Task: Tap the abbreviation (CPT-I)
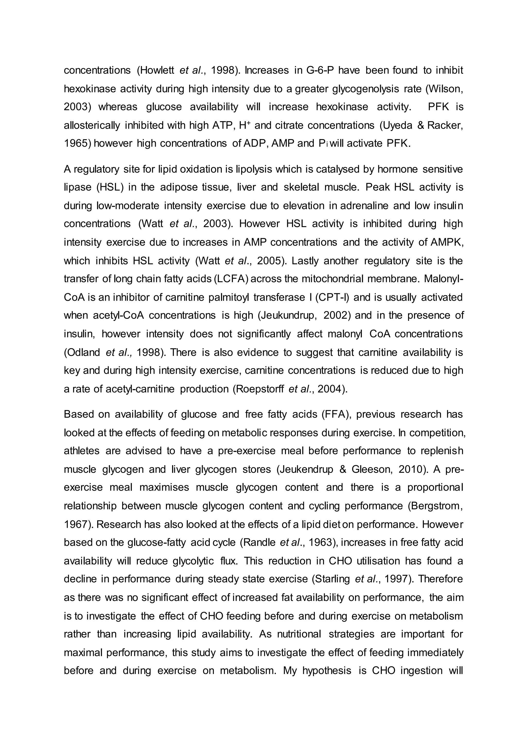(332, 297)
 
